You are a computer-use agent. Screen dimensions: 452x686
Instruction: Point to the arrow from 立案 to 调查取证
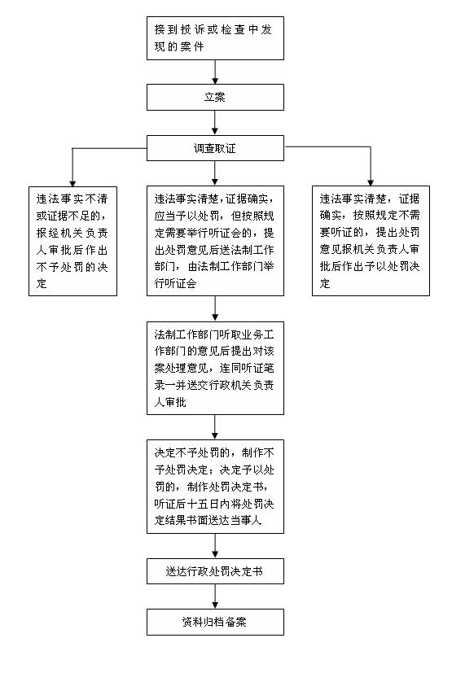(x=215, y=123)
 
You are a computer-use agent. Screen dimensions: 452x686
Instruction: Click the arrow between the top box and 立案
(x=215, y=72)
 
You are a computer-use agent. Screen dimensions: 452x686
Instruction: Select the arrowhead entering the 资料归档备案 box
(x=215, y=605)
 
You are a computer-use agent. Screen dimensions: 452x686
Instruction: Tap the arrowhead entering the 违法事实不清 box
(x=72, y=183)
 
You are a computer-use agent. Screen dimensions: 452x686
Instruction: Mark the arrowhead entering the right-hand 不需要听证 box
(x=371, y=182)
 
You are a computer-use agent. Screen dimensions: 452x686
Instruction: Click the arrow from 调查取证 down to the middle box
(x=215, y=173)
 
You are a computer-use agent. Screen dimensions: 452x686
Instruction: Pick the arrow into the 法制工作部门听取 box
(x=215, y=308)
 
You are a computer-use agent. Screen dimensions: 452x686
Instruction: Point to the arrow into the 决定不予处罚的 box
(x=215, y=427)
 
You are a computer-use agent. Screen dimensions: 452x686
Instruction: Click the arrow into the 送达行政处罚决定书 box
(x=215, y=545)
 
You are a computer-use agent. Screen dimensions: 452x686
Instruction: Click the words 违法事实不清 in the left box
(x=72, y=199)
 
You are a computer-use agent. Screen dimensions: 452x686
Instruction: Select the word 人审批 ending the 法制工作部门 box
(x=170, y=402)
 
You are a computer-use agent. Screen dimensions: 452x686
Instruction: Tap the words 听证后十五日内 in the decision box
(x=187, y=504)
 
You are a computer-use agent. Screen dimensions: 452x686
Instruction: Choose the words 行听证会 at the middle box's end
(x=175, y=283)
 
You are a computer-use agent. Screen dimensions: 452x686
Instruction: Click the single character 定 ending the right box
(x=325, y=283)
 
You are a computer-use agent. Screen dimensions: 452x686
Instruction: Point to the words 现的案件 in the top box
(x=179, y=46)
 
